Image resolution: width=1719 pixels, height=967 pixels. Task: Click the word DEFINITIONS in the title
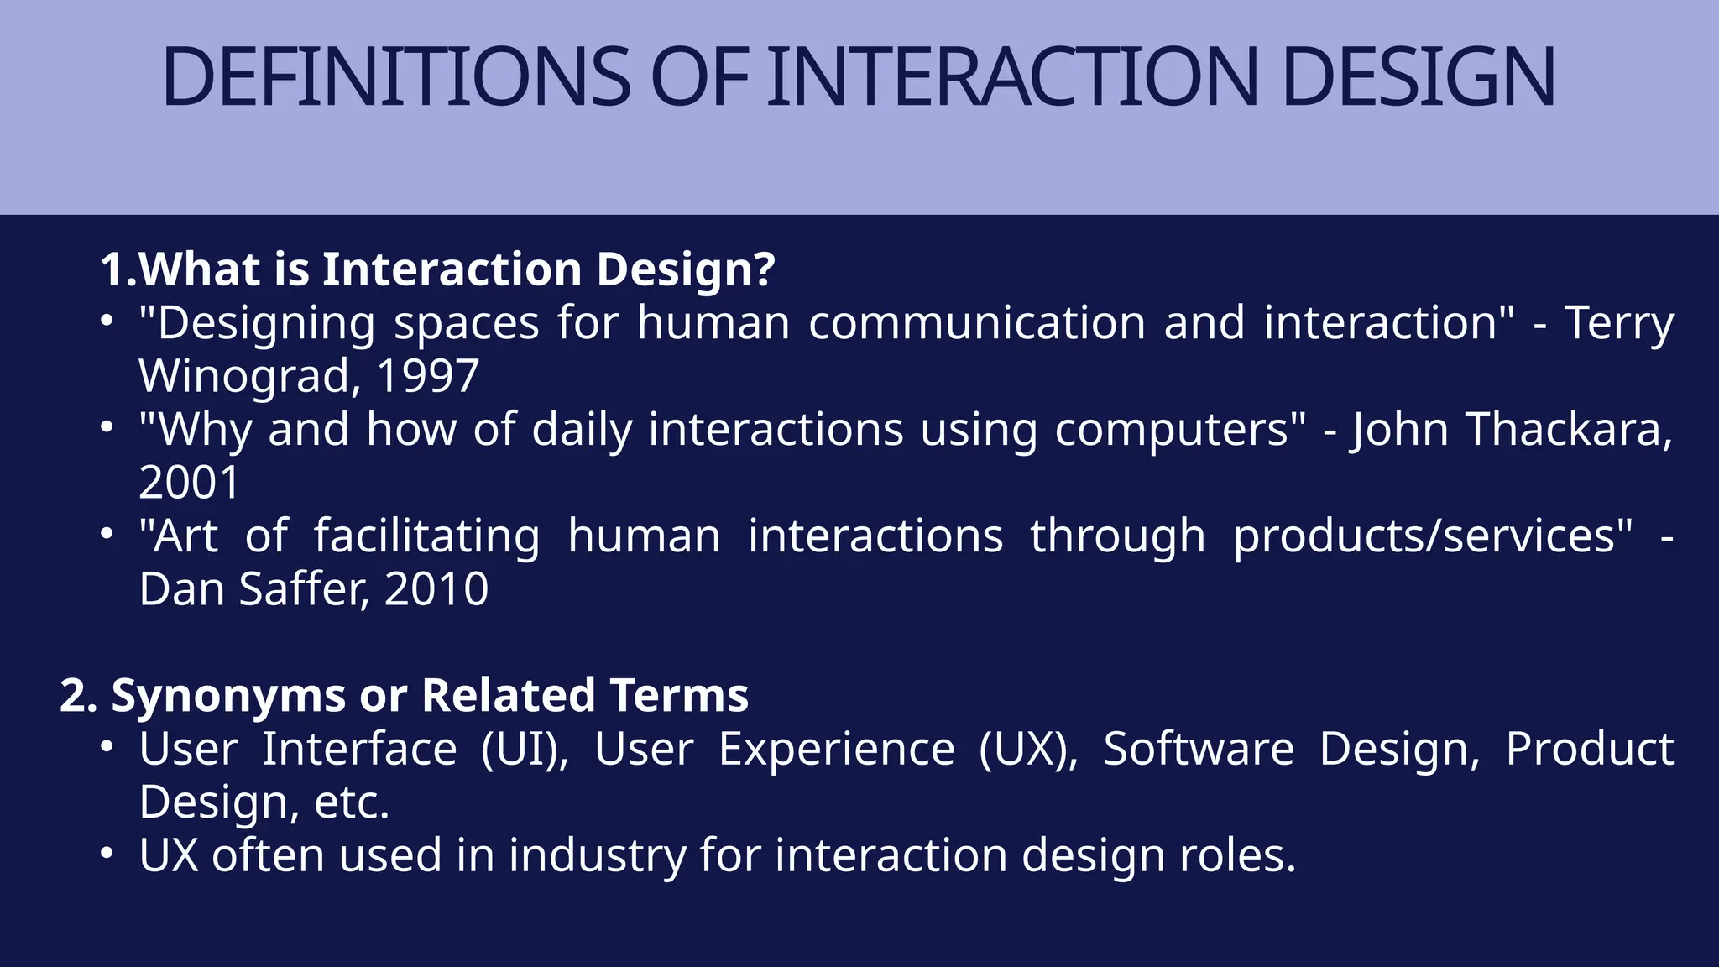click(x=396, y=76)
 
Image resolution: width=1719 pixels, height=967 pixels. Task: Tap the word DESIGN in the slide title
click(x=1419, y=76)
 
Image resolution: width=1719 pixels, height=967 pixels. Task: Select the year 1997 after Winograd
click(x=427, y=376)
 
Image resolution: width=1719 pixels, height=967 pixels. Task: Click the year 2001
click(x=190, y=483)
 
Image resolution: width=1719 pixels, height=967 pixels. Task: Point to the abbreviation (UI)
click(x=525, y=749)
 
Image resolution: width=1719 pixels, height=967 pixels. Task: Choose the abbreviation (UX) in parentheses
click(x=1029, y=749)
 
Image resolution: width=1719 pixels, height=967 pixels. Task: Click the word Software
click(x=1199, y=749)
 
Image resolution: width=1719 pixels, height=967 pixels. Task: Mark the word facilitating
click(x=427, y=536)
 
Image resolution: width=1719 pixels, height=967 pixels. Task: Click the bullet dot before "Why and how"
click(x=106, y=428)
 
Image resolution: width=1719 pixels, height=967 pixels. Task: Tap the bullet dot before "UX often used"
click(x=106, y=854)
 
